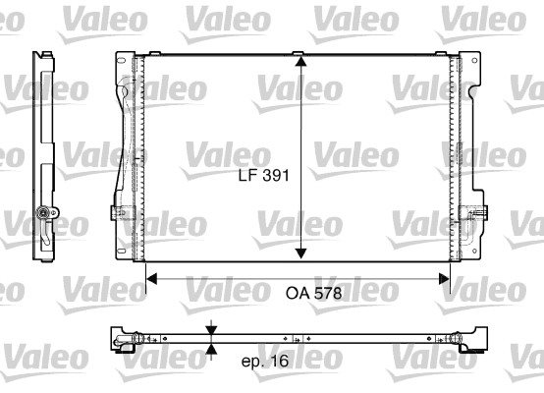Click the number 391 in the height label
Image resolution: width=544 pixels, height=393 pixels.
click(276, 175)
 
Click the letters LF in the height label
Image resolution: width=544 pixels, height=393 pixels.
click(248, 175)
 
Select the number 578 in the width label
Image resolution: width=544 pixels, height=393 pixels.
click(328, 294)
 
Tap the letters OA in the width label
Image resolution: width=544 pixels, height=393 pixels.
click(298, 294)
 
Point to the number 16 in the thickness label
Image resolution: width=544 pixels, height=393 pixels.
click(279, 361)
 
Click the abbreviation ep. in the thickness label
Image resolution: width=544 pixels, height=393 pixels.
click(253, 362)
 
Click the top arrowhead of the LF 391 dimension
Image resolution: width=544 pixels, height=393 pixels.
click(300, 62)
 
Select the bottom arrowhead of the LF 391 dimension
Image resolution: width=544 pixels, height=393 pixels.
click(300, 253)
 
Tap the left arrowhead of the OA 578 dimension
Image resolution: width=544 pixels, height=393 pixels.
click(151, 278)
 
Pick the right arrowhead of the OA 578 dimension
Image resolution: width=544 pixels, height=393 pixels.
click(444, 278)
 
